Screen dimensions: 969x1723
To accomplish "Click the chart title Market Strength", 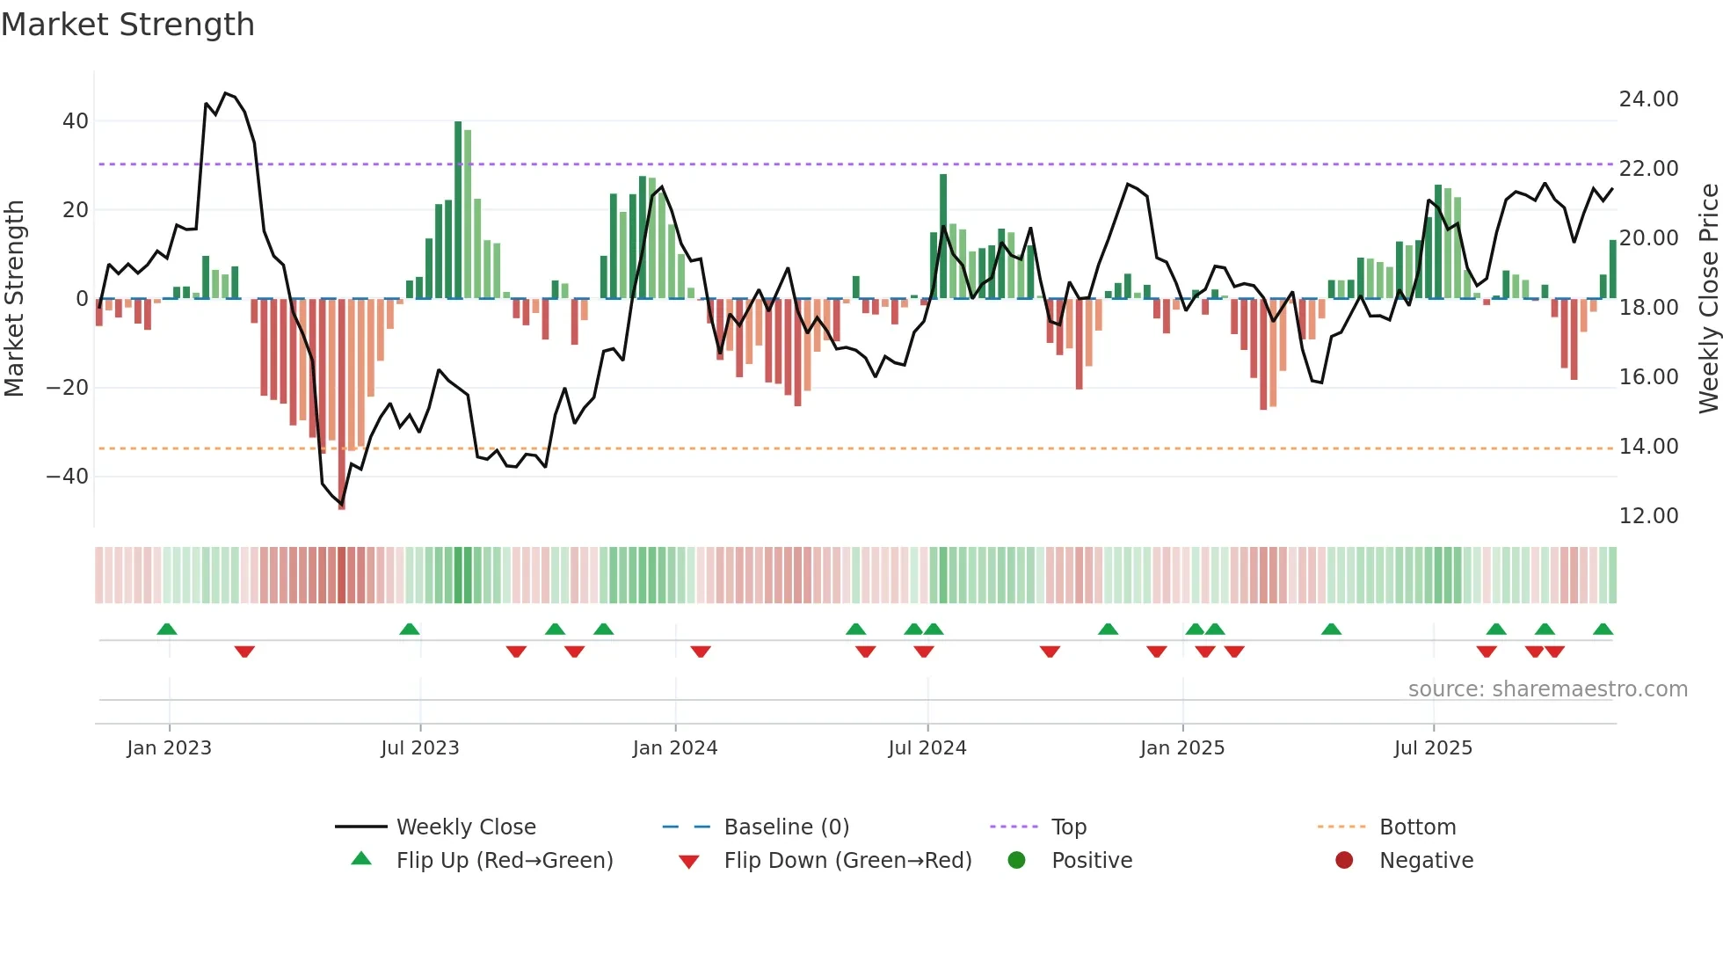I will pos(128,25).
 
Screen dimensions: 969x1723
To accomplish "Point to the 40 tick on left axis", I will pos(76,121).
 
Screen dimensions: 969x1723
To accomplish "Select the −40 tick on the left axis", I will pos(68,477).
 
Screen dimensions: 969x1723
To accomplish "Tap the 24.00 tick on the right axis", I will pos(1648,99).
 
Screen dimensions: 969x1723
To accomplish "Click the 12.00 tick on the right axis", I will pos(1648,516).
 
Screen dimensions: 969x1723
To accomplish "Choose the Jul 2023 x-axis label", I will pos(420,748).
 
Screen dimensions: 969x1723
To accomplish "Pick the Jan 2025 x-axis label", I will pos(1181,748).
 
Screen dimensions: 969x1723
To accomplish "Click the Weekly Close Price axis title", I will pos(1708,299).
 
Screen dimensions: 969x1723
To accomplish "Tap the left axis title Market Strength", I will pos(15,299).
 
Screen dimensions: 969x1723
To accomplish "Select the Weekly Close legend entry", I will pos(465,827).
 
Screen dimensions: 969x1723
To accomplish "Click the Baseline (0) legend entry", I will pos(786,827).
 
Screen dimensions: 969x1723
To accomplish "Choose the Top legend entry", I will pos(1068,827).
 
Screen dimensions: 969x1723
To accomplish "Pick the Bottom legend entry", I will pos(1417,827).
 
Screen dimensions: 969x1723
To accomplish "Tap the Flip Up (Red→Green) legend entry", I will pos(504,861).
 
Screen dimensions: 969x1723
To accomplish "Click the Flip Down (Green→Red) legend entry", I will pos(847,861).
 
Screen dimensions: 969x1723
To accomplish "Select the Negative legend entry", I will pos(1425,861).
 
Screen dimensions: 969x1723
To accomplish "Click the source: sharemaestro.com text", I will pos(1547,689).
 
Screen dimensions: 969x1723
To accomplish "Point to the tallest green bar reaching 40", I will pos(458,211).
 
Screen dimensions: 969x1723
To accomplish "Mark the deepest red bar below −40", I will pos(342,404).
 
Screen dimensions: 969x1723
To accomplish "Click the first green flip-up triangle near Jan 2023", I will pos(167,629).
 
